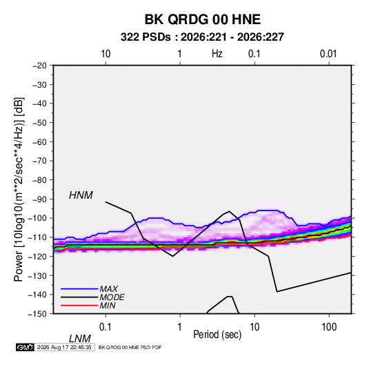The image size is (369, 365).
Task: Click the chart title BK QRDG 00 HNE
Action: [202, 19]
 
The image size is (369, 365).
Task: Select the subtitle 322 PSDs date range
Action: [202, 37]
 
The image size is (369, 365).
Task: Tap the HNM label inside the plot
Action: [81, 195]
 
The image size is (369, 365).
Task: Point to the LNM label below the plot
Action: [80, 339]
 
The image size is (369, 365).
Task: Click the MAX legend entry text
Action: [108, 288]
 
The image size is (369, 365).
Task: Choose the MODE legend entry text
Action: [112, 297]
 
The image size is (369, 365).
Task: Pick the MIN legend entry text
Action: [108, 306]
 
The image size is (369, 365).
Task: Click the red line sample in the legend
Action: [79, 306]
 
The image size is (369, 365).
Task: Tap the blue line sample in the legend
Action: [79, 288]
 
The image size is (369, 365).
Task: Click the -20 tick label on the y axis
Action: [39, 66]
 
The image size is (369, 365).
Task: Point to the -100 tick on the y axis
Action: [37, 218]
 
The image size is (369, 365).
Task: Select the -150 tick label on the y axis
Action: [37, 314]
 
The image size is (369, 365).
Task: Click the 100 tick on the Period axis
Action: [329, 327]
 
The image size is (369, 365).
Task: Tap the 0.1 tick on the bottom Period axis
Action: [106, 327]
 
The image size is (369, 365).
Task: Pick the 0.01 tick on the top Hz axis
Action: [328, 54]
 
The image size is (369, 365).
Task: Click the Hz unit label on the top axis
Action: [217, 54]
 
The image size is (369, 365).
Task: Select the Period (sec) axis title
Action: [217, 335]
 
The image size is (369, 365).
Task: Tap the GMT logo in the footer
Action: [26, 347]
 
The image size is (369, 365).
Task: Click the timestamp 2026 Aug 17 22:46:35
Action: [64, 347]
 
